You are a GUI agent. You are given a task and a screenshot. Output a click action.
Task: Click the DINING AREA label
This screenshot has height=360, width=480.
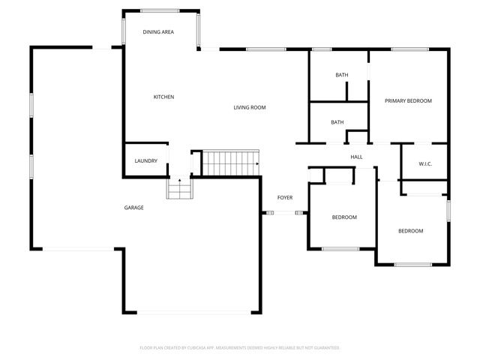tap(158, 32)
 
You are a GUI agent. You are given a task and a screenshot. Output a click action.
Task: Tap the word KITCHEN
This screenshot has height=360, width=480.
tap(163, 97)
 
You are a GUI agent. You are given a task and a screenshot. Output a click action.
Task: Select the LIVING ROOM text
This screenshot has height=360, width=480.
tap(249, 107)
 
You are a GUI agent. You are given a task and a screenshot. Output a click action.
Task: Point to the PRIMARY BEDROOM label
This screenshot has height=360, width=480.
tap(408, 100)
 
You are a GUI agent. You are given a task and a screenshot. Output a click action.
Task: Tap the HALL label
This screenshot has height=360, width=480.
tap(356, 157)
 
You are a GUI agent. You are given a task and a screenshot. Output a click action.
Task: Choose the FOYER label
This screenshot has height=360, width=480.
tap(284, 197)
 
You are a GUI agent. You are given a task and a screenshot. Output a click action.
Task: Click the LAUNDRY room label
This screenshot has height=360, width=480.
tap(145, 161)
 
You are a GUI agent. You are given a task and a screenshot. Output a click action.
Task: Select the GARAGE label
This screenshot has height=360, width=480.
tap(133, 208)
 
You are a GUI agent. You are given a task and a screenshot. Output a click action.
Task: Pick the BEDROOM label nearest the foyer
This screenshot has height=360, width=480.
tap(344, 217)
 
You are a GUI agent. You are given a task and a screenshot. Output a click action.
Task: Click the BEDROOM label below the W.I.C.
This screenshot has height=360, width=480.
tap(410, 231)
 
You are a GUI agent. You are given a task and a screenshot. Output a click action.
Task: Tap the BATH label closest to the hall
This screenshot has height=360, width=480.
tap(337, 122)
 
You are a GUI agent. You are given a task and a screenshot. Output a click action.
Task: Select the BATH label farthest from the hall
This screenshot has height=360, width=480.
tap(341, 75)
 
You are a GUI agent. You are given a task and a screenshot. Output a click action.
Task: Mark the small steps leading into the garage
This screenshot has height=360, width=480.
tap(178, 189)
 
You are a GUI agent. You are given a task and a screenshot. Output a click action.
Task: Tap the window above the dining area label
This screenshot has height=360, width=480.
tap(160, 10)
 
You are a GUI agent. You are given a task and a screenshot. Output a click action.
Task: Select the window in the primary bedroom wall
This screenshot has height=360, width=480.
tap(409, 49)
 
